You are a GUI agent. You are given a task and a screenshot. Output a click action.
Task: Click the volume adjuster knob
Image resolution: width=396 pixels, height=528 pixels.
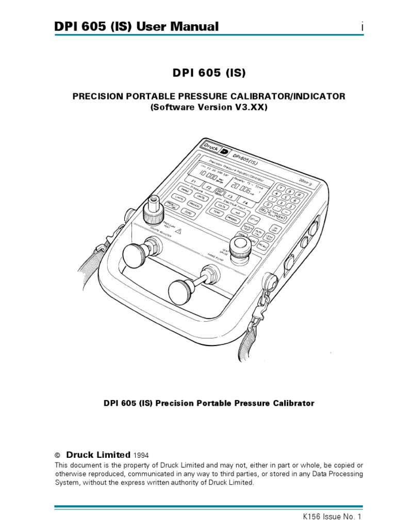(x=136, y=255)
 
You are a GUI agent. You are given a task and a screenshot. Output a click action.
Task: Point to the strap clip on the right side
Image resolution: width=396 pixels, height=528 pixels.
(x=267, y=302)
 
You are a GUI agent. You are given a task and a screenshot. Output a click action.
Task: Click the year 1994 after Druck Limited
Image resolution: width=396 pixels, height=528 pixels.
(x=142, y=455)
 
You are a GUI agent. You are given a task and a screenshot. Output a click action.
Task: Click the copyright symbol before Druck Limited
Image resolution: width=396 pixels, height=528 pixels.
(x=58, y=455)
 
